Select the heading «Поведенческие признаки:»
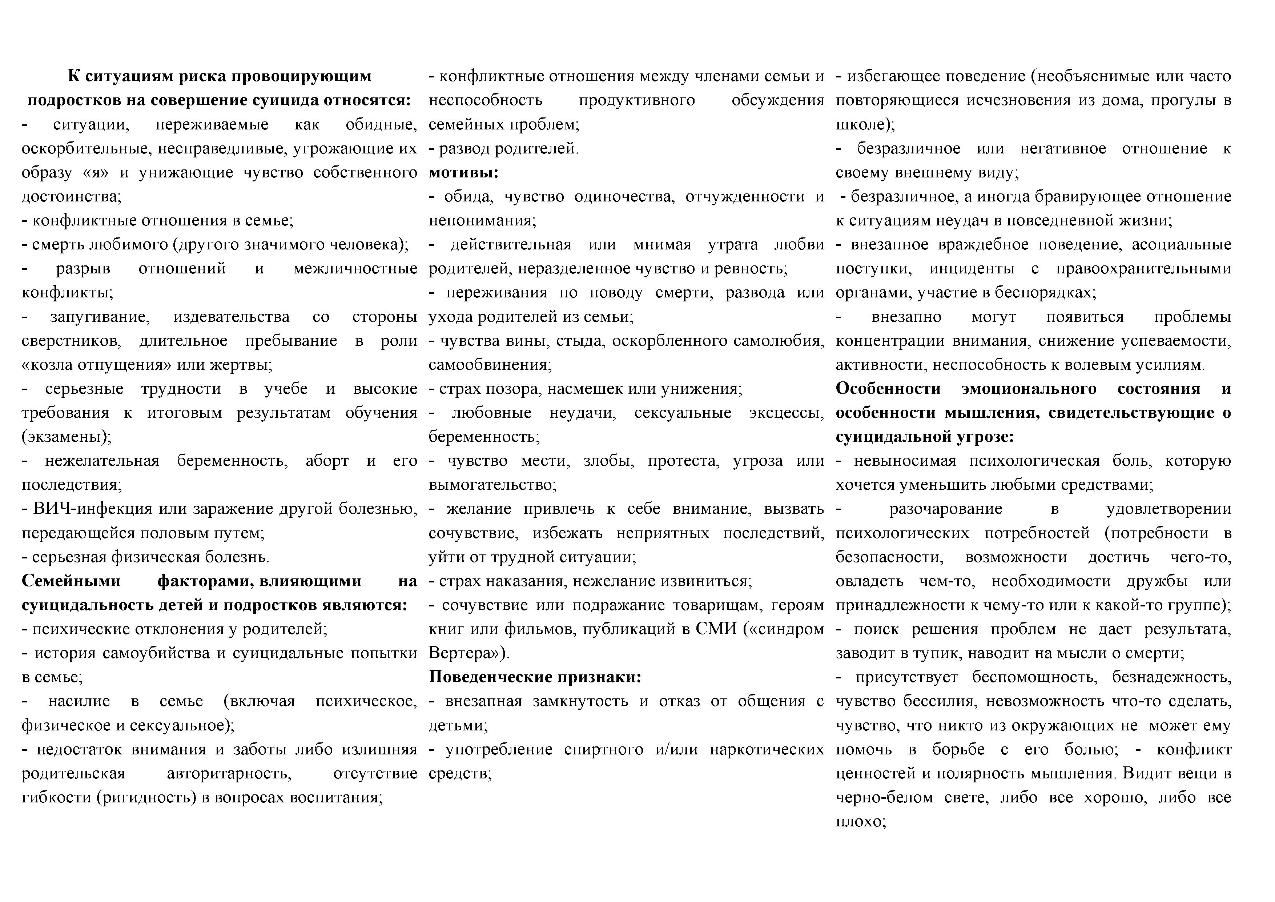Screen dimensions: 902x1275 coord(535,677)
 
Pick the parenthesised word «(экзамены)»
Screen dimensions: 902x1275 coord(66,437)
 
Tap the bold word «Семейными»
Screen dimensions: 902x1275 coord(71,581)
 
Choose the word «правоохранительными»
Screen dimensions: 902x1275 coord(1143,268)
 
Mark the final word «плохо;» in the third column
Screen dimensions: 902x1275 coord(861,821)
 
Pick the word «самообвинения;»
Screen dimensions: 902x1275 coord(490,365)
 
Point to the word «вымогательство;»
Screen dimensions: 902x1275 coord(492,485)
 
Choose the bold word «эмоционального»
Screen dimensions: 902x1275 coord(1029,389)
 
